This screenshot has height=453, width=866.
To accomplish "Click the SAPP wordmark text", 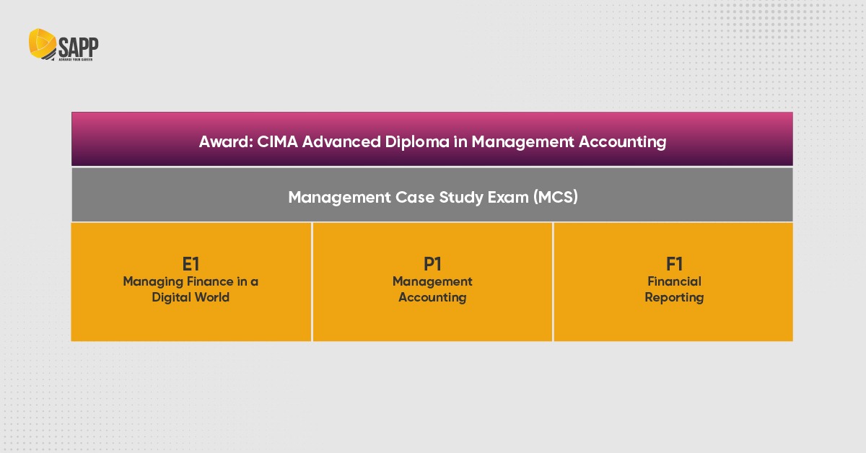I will (x=79, y=46).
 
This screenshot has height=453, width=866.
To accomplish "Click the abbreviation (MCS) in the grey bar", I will (x=556, y=197).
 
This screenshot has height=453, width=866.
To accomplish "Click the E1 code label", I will (x=191, y=264).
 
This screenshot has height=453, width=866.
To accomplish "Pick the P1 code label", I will (x=432, y=264).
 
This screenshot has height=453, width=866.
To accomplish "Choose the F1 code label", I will (x=674, y=264).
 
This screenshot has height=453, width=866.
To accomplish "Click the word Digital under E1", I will (x=171, y=297).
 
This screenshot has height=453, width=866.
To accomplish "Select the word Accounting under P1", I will (x=432, y=297).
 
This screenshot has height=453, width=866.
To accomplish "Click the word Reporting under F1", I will (x=674, y=297).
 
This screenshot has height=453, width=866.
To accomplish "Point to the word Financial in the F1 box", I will (x=674, y=281).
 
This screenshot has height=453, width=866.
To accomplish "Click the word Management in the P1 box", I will (x=432, y=281).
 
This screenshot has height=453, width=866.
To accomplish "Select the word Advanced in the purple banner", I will (x=337, y=141).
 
